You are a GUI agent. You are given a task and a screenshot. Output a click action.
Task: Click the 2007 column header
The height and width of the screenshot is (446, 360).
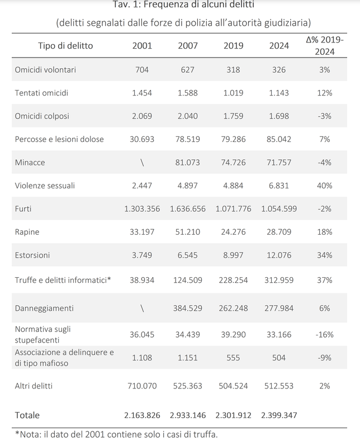coord(187,45)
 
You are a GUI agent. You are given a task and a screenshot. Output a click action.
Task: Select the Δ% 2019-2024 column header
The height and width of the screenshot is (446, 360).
coord(325,45)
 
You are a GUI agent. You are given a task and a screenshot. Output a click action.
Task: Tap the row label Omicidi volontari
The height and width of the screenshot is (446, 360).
coord(45,70)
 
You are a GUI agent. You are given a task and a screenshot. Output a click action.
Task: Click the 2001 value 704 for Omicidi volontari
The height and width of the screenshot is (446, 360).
coord(142,70)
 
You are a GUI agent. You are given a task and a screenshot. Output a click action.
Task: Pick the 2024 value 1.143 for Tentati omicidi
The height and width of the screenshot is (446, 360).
coord(279,93)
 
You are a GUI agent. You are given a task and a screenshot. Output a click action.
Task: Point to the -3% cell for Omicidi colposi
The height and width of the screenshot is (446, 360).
coord(324,116)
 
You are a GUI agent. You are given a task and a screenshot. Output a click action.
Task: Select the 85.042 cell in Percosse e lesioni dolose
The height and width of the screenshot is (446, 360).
coord(279,139)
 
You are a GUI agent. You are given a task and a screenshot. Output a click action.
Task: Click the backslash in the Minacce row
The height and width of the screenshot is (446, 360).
coord(142,163)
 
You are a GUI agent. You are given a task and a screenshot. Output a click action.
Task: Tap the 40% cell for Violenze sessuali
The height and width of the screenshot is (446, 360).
coord(324,186)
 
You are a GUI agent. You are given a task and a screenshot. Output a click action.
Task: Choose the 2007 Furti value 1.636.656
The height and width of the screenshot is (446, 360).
coord(187,209)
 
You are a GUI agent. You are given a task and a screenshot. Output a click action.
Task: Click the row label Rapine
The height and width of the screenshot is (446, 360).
coord(27,232)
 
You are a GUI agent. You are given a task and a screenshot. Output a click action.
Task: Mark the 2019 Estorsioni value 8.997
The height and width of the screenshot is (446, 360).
coord(233,255)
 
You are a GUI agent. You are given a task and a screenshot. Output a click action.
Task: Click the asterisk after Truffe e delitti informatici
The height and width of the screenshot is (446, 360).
coord(109,279)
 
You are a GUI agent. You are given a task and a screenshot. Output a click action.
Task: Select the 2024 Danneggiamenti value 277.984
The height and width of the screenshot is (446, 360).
coord(279,308)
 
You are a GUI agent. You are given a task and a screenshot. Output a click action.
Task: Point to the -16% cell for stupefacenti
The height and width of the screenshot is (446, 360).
coord(324,334)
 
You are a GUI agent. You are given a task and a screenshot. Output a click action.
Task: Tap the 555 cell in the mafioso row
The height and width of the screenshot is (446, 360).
coord(233,358)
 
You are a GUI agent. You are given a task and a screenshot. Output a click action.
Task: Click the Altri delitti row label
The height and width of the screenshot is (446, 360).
coord(34,386)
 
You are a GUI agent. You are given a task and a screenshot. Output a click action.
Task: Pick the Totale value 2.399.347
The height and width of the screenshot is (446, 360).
coord(279,415)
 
